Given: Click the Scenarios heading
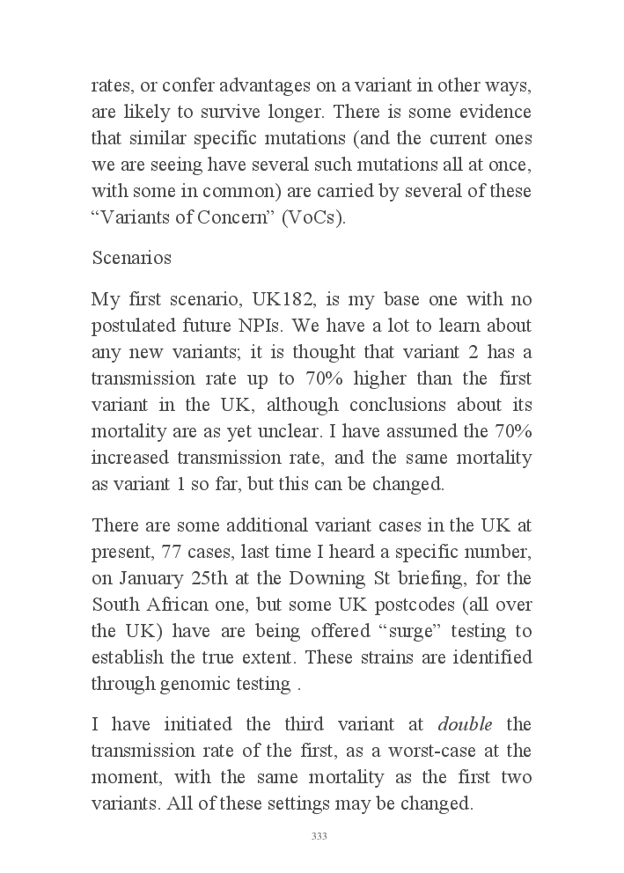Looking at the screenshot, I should [x=131, y=258].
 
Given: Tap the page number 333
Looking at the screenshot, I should [x=319, y=836].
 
